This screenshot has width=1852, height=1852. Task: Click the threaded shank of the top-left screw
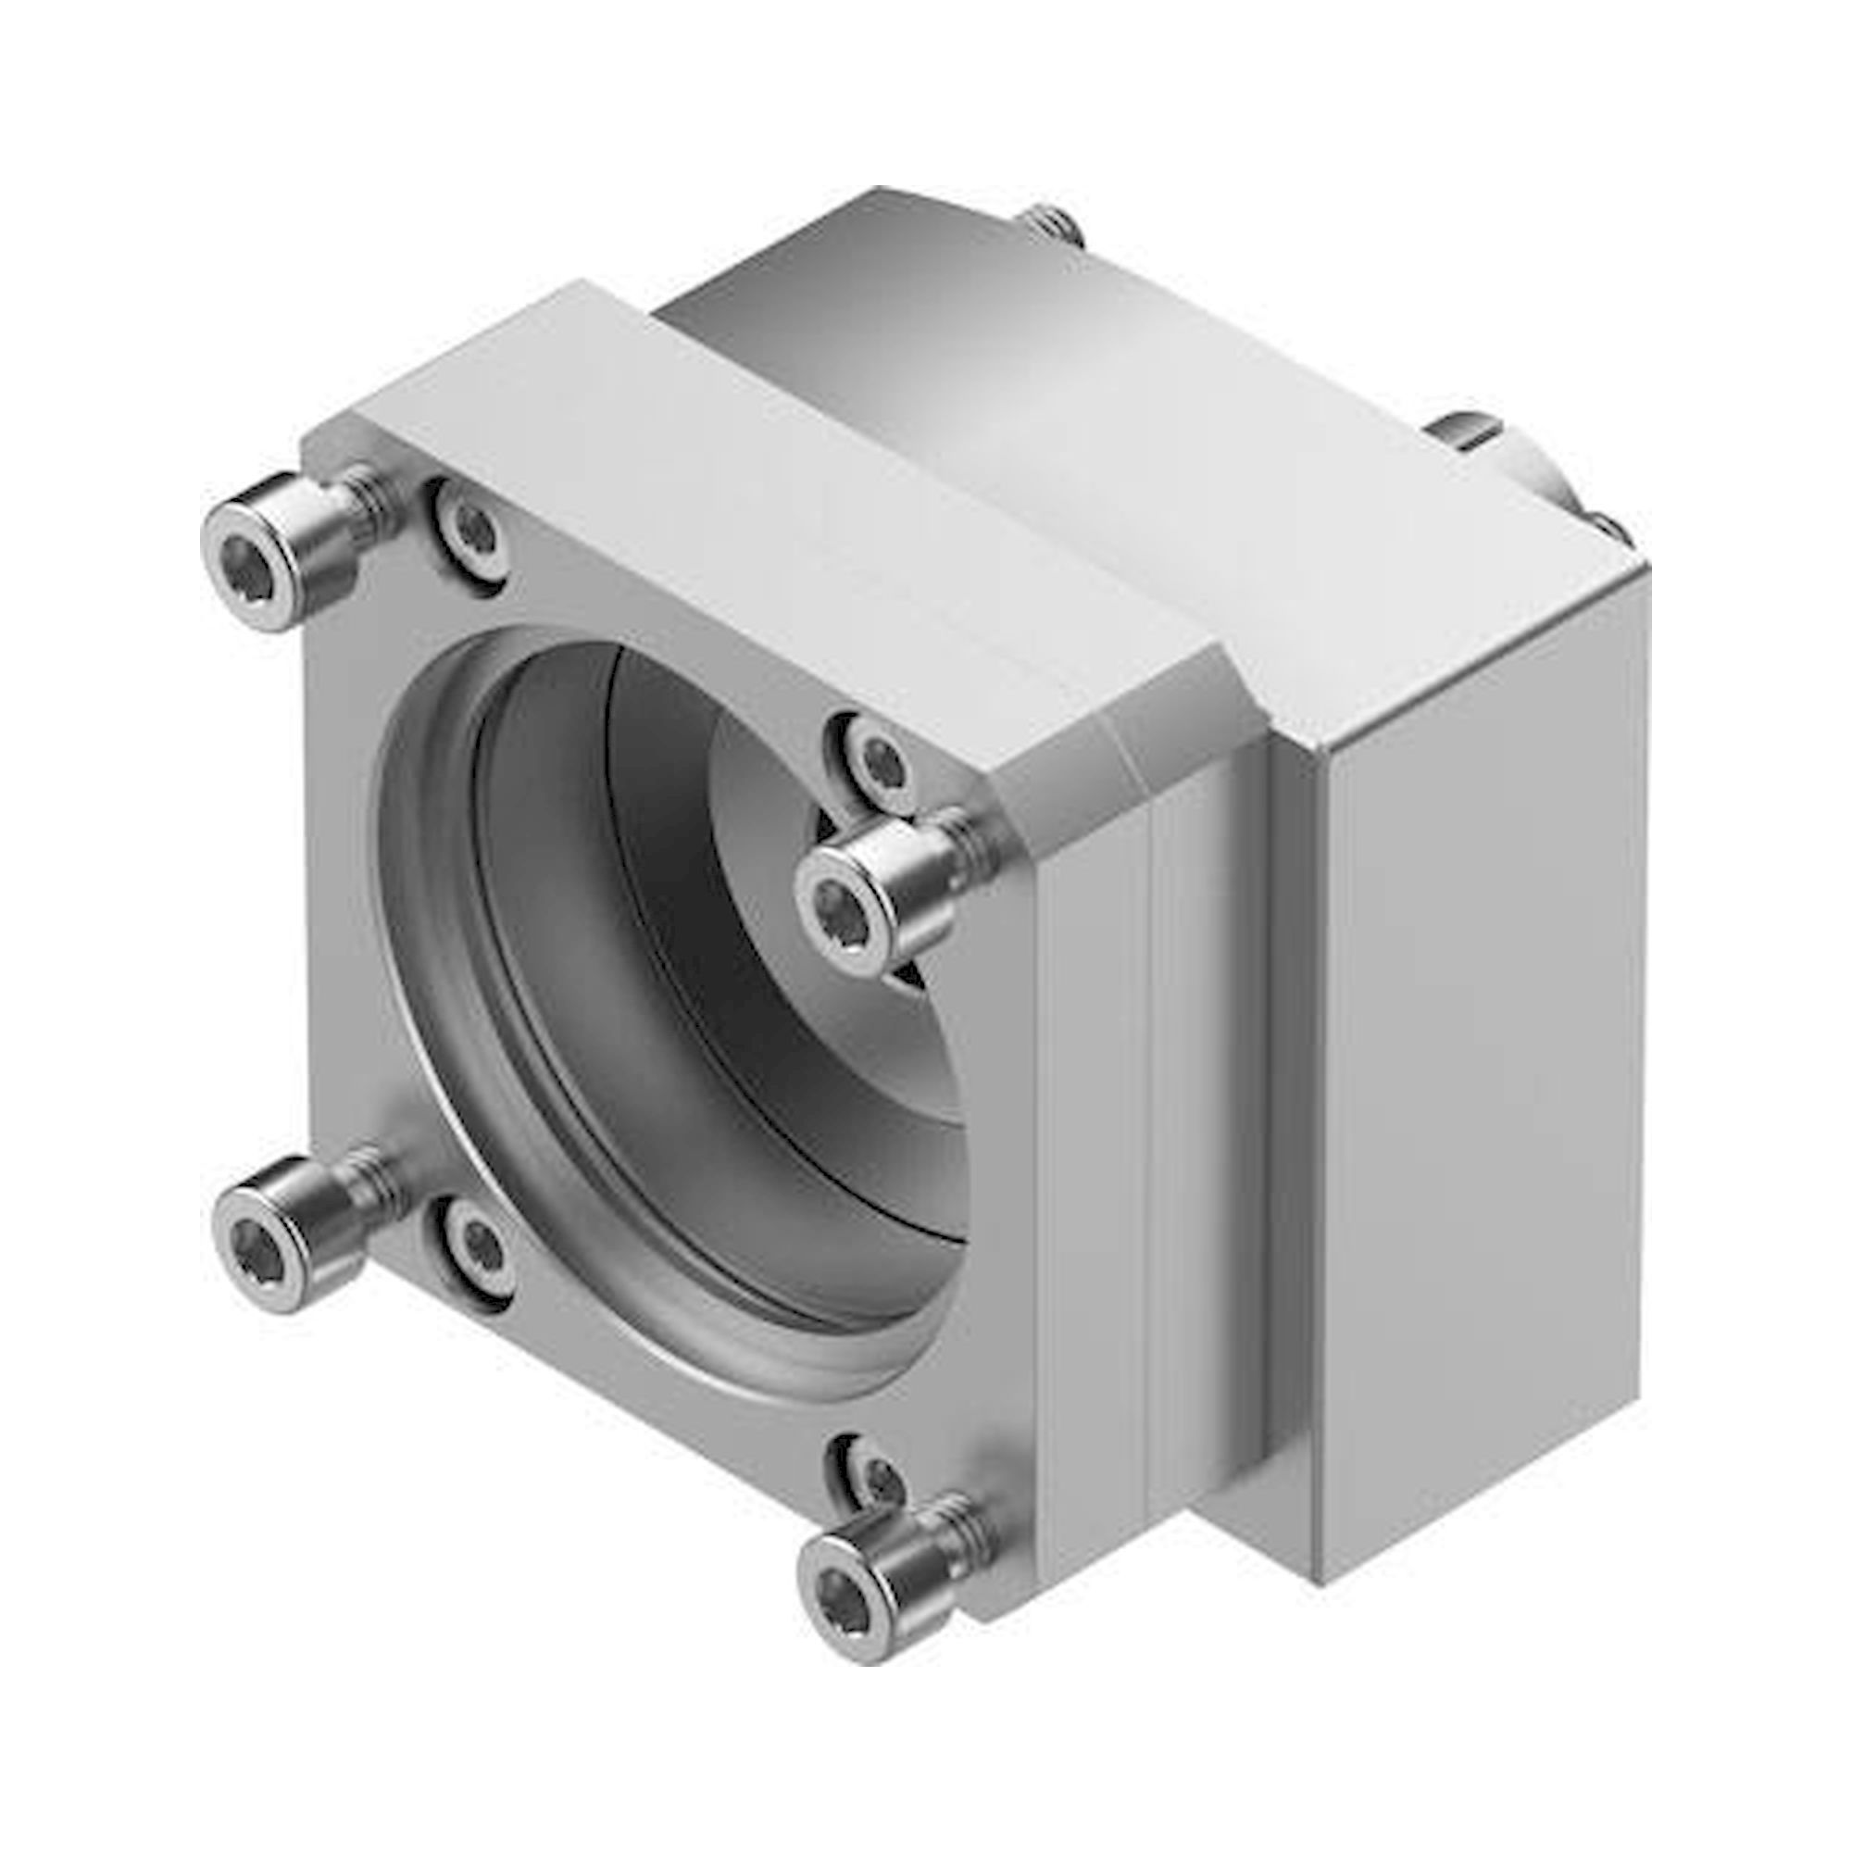point(369,498)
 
